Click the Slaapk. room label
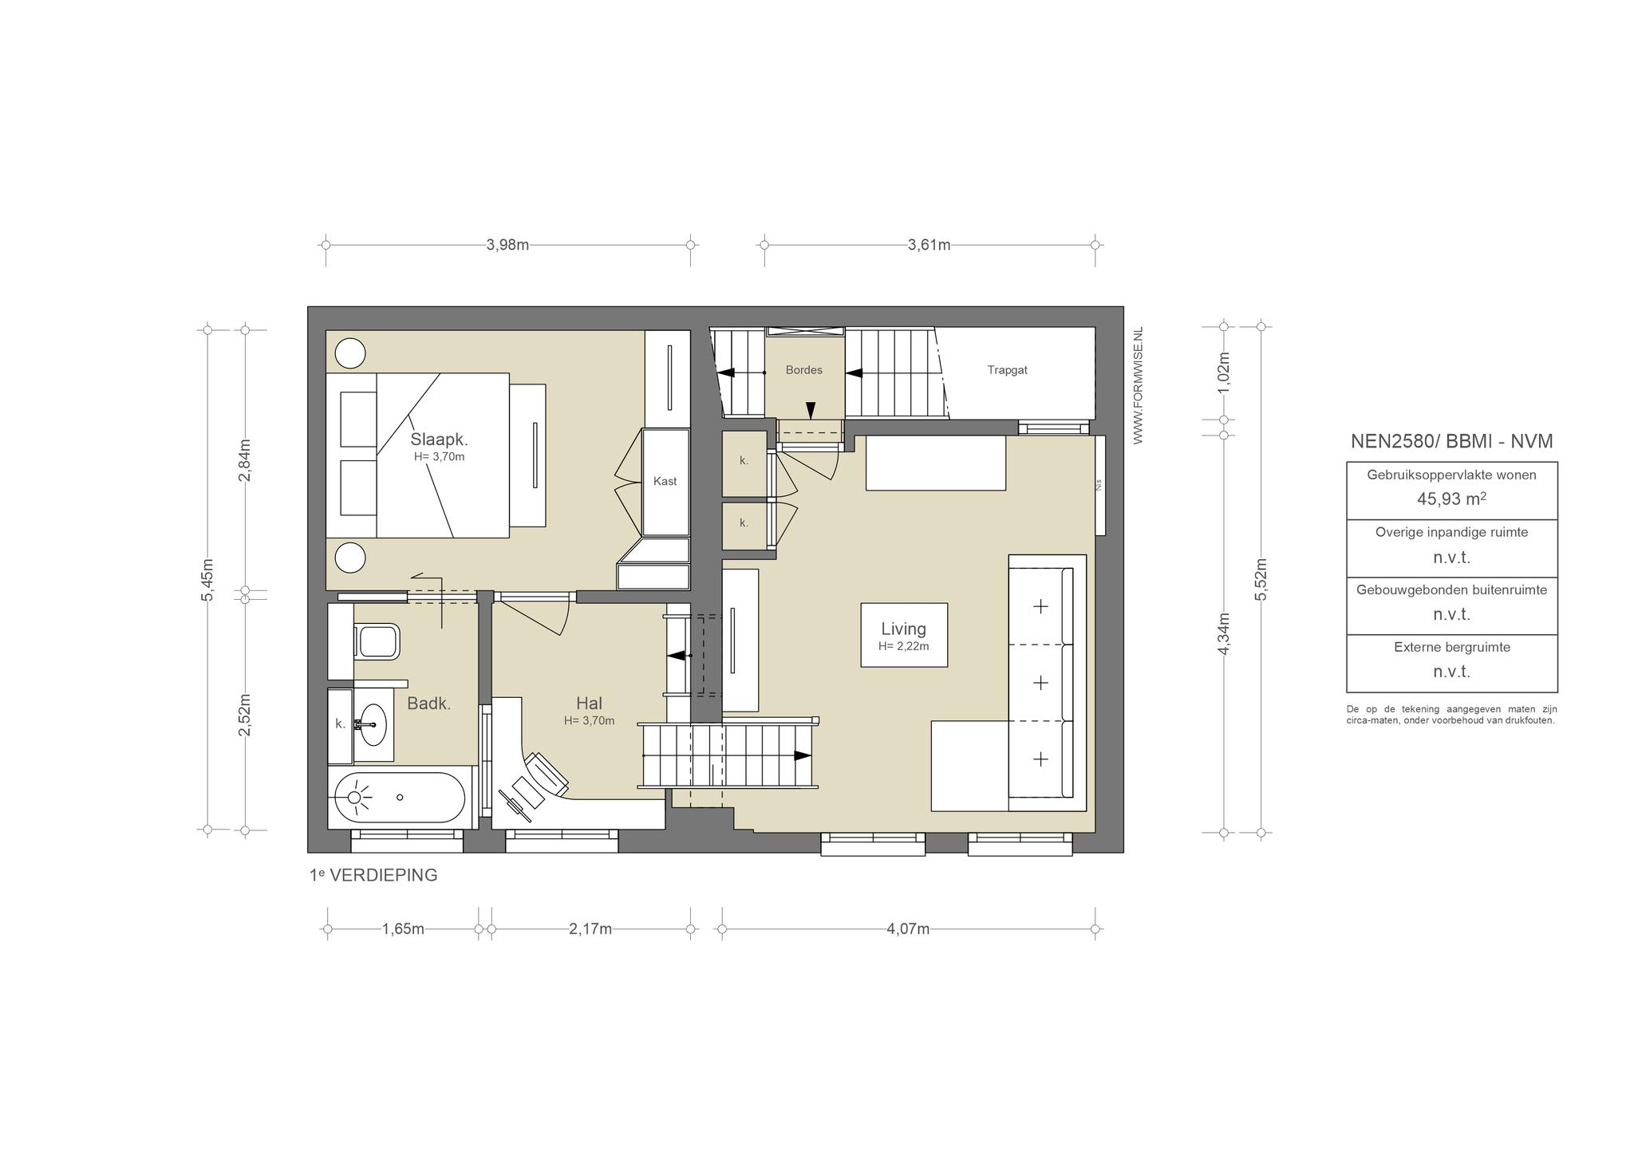[x=439, y=440]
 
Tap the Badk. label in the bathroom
[x=429, y=704]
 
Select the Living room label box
[x=904, y=635]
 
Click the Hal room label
[x=589, y=704]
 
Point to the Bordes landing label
[x=803, y=370]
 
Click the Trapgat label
[x=1007, y=370]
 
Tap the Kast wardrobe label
[x=665, y=481]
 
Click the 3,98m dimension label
[x=507, y=245]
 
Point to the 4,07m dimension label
[x=908, y=929]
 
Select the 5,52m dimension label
[x=1261, y=578]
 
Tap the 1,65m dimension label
[x=403, y=929]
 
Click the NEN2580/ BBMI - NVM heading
[x=1451, y=441]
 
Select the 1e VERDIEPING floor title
[x=373, y=875]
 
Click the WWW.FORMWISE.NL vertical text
[x=1138, y=385]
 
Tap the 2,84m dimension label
[x=245, y=460]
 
